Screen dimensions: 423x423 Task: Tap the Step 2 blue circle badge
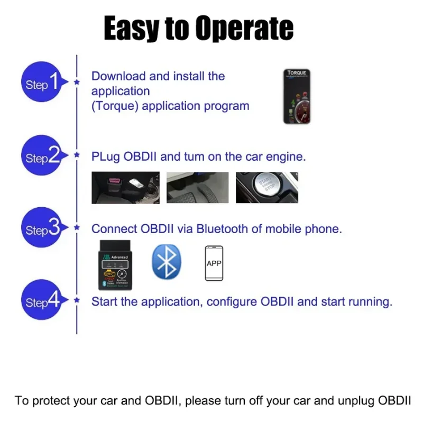(x=41, y=157)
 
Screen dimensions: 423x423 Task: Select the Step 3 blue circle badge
(x=41, y=229)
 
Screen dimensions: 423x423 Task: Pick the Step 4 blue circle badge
(x=41, y=301)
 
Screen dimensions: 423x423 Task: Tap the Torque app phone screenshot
(x=296, y=97)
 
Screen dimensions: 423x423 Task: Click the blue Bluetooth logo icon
(x=167, y=262)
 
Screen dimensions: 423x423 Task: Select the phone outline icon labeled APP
(x=214, y=263)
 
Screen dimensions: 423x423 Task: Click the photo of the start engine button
(x=266, y=187)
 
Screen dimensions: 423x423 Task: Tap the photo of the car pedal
(x=197, y=188)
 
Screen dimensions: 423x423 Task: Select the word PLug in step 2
(x=106, y=157)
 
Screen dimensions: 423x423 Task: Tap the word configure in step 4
(x=231, y=302)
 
